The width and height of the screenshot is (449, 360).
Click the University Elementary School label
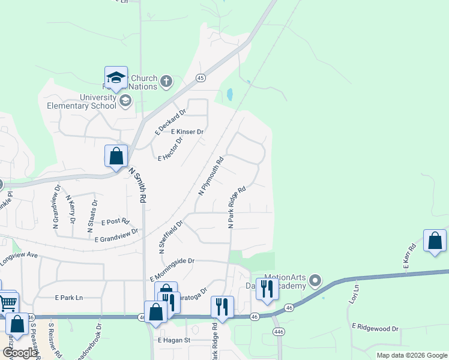coord(82,101)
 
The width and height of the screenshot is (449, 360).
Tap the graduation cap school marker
coord(116,77)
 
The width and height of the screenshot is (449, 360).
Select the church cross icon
coord(166,81)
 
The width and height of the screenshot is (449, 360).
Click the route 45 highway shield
coord(200,78)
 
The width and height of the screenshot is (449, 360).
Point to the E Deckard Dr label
coord(171,121)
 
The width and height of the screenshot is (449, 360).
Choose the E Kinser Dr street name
coord(187,131)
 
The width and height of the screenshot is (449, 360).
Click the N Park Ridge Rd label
coord(237,207)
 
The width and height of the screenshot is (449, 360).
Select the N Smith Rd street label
coord(137,183)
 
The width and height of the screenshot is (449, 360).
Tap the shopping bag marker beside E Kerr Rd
coord(435,241)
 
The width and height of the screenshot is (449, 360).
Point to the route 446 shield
coord(278,331)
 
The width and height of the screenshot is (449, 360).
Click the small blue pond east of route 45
coord(229,95)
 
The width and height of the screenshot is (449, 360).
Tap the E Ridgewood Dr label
coord(375,328)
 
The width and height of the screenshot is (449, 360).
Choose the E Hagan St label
coord(173,340)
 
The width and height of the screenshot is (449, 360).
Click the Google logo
coord(20,353)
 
